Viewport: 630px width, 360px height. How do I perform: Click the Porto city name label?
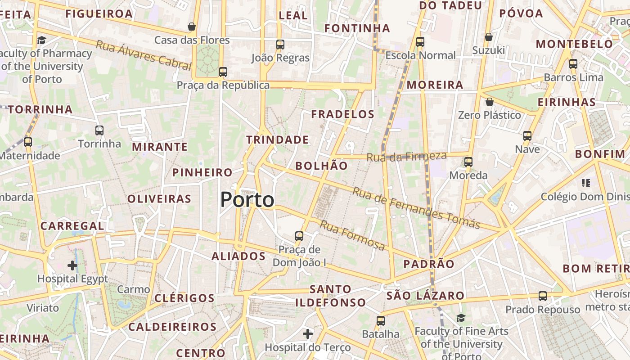[x=247, y=200]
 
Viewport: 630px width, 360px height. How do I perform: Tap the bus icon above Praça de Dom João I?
[x=299, y=236]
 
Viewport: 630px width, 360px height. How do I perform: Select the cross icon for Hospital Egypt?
[x=72, y=265]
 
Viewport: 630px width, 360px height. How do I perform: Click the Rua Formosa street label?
[x=352, y=235]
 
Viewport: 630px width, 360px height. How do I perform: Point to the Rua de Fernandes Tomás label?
[x=416, y=208]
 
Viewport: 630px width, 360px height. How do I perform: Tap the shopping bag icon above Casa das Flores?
[x=192, y=27]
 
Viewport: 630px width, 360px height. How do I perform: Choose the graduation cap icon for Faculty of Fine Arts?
[x=461, y=318]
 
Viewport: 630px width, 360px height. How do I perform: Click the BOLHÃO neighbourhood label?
[x=321, y=166]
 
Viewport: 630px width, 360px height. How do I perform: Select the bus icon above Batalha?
[x=381, y=321]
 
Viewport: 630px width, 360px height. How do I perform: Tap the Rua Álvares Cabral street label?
[x=144, y=55]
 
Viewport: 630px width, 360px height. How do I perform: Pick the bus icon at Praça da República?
[x=223, y=72]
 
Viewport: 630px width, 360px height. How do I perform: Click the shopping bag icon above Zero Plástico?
[x=489, y=102]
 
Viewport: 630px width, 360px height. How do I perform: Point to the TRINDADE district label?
[x=278, y=139]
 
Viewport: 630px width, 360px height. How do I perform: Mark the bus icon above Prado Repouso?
[x=543, y=296]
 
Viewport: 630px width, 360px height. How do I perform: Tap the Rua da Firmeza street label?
[x=406, y=157]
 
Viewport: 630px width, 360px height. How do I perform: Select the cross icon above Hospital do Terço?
[x=308, y=334]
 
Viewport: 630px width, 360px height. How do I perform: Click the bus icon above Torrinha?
[x=99, y=130]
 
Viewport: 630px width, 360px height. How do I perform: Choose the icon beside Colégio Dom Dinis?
[x=585, y=183]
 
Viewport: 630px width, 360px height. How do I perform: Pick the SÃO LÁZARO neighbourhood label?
[x=425, y=296]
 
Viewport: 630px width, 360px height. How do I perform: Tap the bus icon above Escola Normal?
[x=420, y=42]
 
